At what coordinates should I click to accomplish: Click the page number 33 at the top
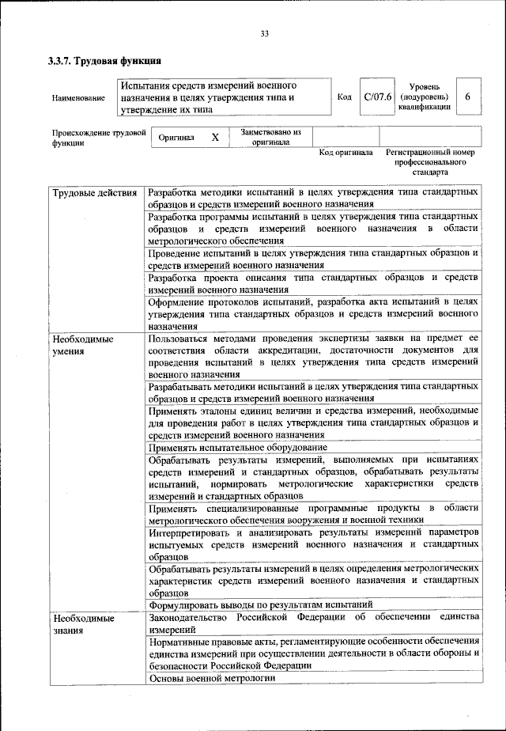(x=264, y=32)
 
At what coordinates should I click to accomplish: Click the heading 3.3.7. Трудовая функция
(x=105, y=60)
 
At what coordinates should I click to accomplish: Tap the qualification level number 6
(x=467, y=97)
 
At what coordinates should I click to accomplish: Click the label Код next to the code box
(x=344, y=97)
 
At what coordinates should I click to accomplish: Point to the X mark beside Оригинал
(x=214, y=138)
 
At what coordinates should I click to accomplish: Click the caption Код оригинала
(x=346, y=152)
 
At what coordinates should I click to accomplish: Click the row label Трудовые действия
(x=95, y=193)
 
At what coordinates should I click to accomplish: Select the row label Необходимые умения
(x=83, y=344)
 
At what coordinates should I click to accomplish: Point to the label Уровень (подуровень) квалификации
(x=425, y=97)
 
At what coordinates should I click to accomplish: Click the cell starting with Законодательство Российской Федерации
(x=313, y=622)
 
